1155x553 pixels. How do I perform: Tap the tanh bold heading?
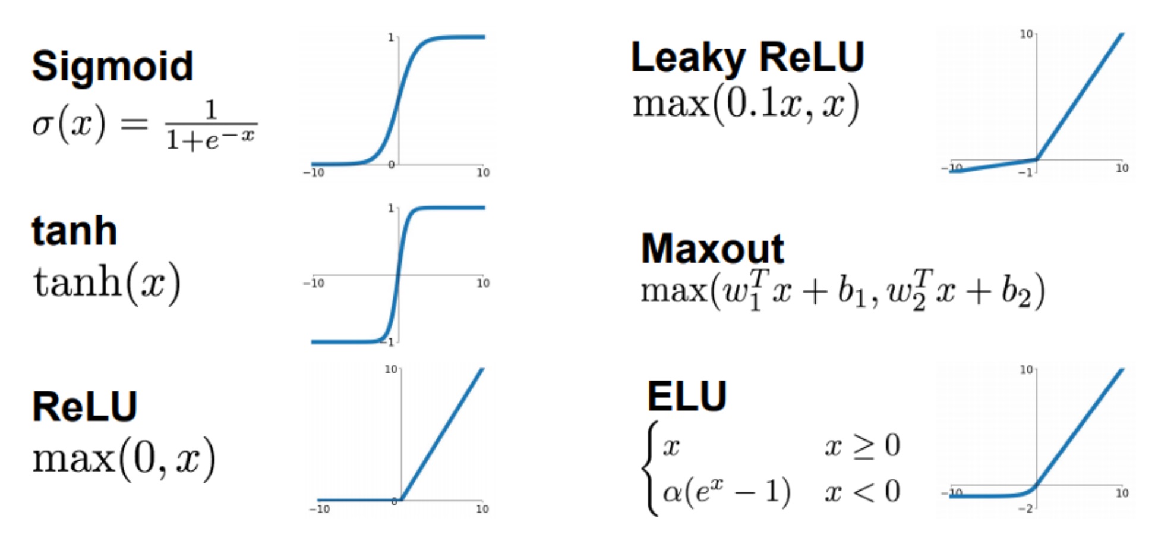tap(74, 231)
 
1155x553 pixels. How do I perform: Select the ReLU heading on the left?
tap(85, 407)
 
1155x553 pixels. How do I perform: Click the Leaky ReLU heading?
tap(747, 58)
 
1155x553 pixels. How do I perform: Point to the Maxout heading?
tap(712, 248)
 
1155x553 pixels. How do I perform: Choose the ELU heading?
tap(687, 396)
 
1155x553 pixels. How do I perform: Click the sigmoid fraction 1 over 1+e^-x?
tap(211, 125)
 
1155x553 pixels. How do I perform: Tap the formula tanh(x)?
tap(107, 284)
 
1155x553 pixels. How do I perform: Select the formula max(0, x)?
tap(124, 458)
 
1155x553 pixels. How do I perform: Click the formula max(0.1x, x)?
tap(746, 104)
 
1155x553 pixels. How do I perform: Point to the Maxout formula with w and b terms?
tap(842, 290)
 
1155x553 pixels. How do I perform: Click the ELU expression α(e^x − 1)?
tap(727, 492)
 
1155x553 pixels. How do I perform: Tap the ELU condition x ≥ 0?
tap(863, 445)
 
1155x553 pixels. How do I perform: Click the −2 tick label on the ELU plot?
tap(1026, 509)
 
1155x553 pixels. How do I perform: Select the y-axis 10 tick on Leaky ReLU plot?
tap(1026, 34)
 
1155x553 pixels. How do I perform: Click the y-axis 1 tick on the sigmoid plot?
tap(391, 37)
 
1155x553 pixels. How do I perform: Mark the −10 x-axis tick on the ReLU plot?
tap(319, 509)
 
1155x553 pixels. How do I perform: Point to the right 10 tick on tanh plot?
tap(483, 283)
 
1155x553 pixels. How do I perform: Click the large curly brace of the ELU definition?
tap(651, 468)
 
